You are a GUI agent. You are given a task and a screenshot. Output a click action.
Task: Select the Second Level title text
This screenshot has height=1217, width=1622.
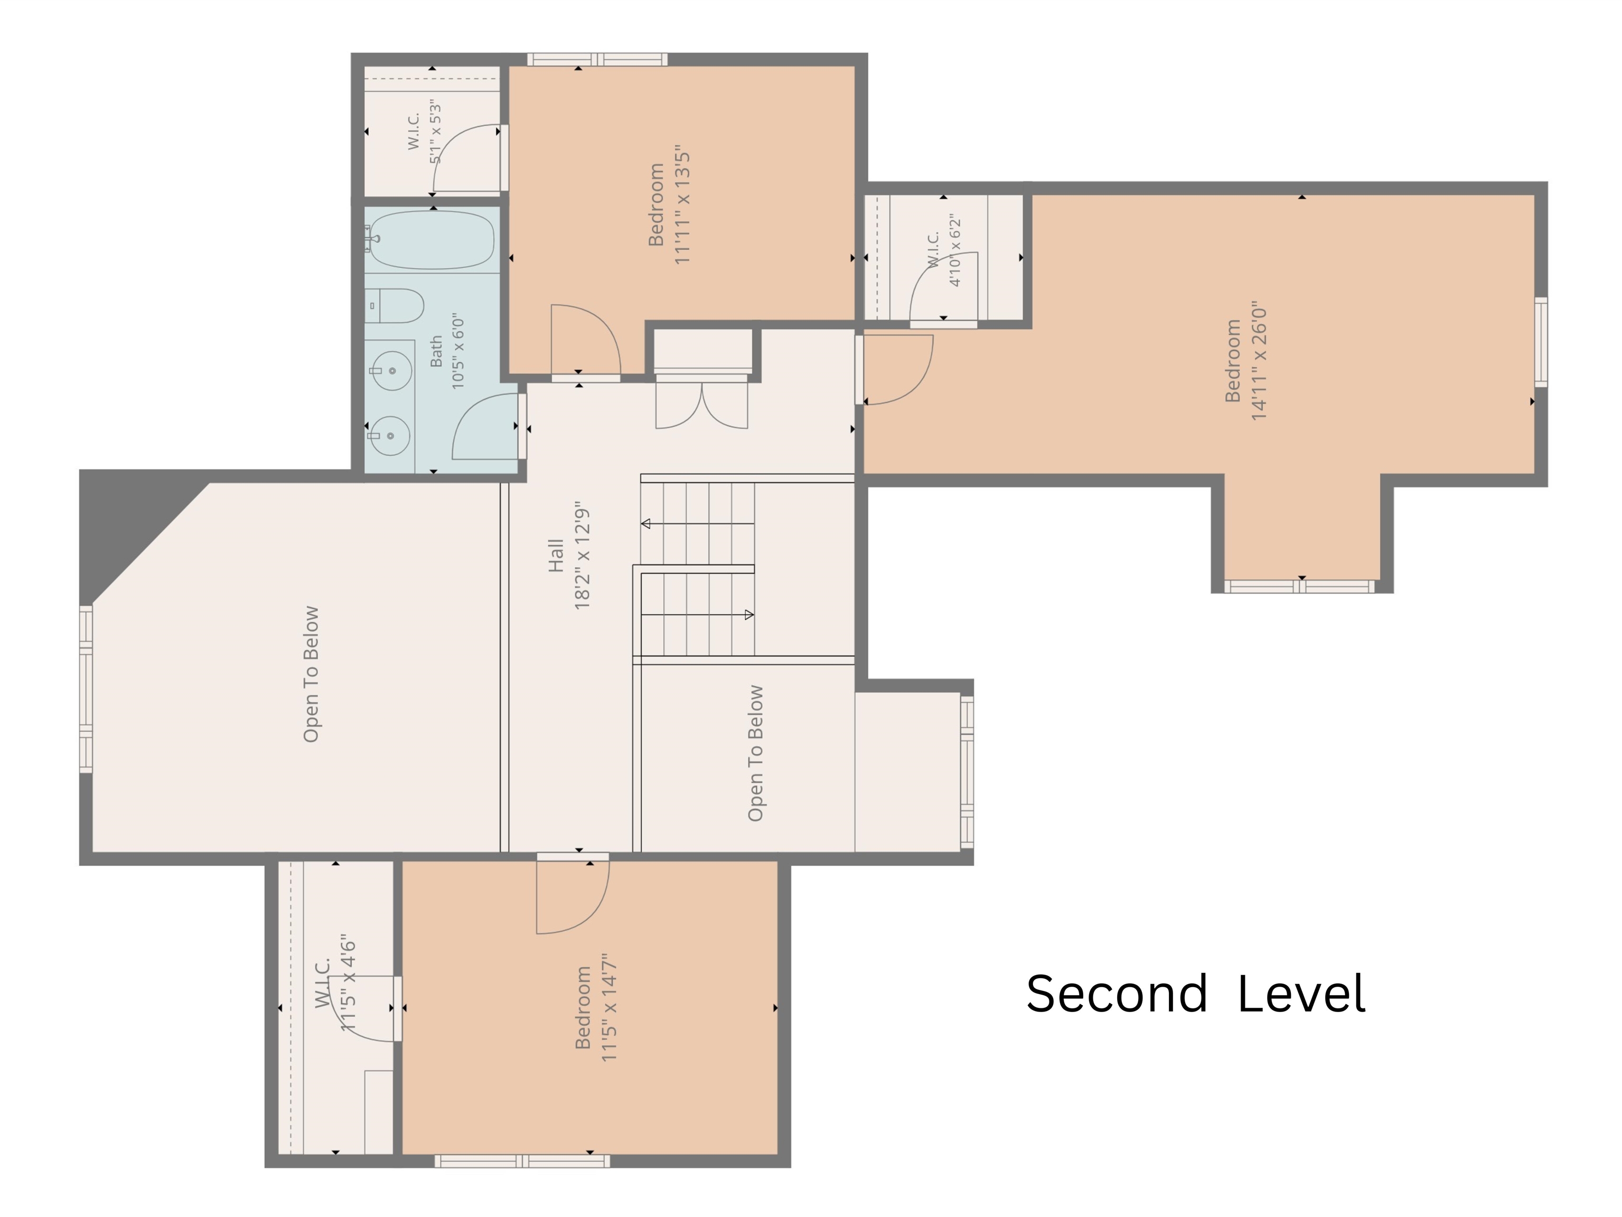(x=1196, y=994)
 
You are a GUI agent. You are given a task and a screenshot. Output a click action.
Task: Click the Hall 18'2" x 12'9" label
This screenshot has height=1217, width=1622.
(x=569, y=556)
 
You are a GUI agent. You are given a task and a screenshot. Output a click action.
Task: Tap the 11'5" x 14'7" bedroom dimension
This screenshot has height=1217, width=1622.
(x=608, y=1007)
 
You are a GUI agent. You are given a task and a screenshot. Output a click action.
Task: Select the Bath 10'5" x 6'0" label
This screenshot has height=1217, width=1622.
(x=447, y=351)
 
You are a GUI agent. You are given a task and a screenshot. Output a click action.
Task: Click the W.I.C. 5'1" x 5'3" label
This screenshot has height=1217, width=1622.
(x=425, y=132)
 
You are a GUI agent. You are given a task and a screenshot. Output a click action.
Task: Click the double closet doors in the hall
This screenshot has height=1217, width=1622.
(x=702, y=402)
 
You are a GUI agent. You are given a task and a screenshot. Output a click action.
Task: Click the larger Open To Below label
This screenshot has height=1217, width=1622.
(x=312, y=674)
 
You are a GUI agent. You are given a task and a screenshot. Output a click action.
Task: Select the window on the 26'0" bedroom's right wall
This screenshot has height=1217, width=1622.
(x=1541, y=342)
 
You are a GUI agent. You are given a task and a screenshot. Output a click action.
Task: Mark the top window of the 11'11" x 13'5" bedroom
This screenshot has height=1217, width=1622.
(x=597, y=59)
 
